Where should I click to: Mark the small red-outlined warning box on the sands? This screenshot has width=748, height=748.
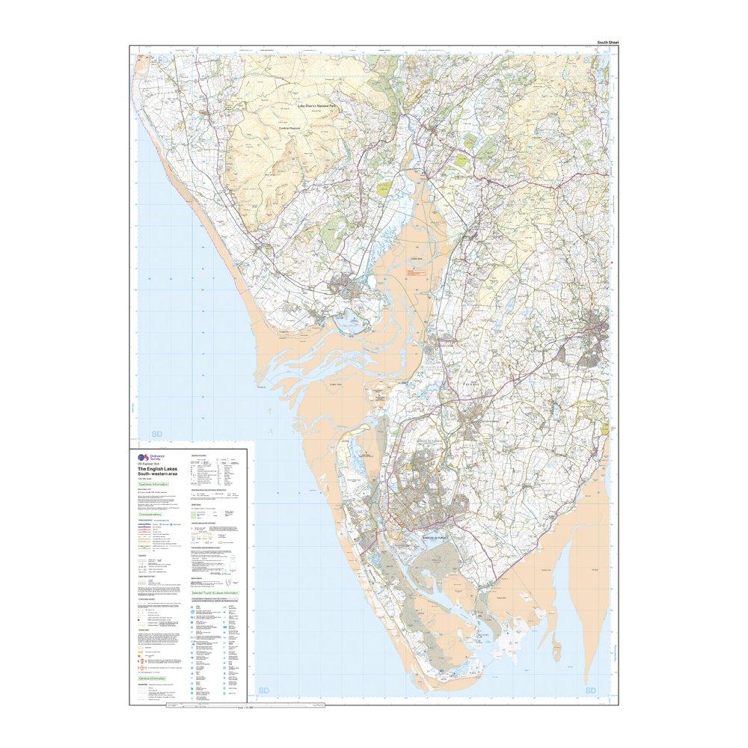(412, 275)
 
